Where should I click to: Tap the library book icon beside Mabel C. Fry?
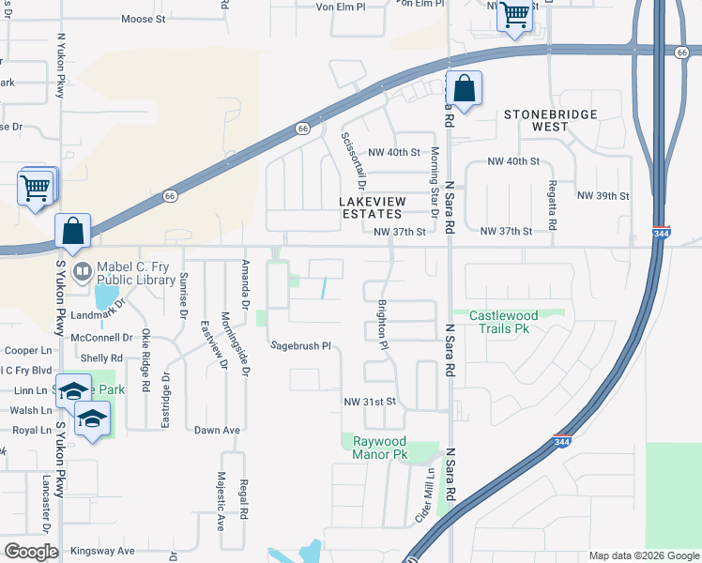(83, 272)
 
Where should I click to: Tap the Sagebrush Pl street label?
(301, 346)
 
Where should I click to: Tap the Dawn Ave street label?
(218, 431)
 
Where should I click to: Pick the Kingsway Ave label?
(102, 551)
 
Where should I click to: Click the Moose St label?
(144, 18)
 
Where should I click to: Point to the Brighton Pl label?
(383, 325)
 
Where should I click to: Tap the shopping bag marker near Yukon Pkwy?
(73, 231)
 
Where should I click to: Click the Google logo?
(31, 552)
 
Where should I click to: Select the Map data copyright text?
(643, 555)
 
